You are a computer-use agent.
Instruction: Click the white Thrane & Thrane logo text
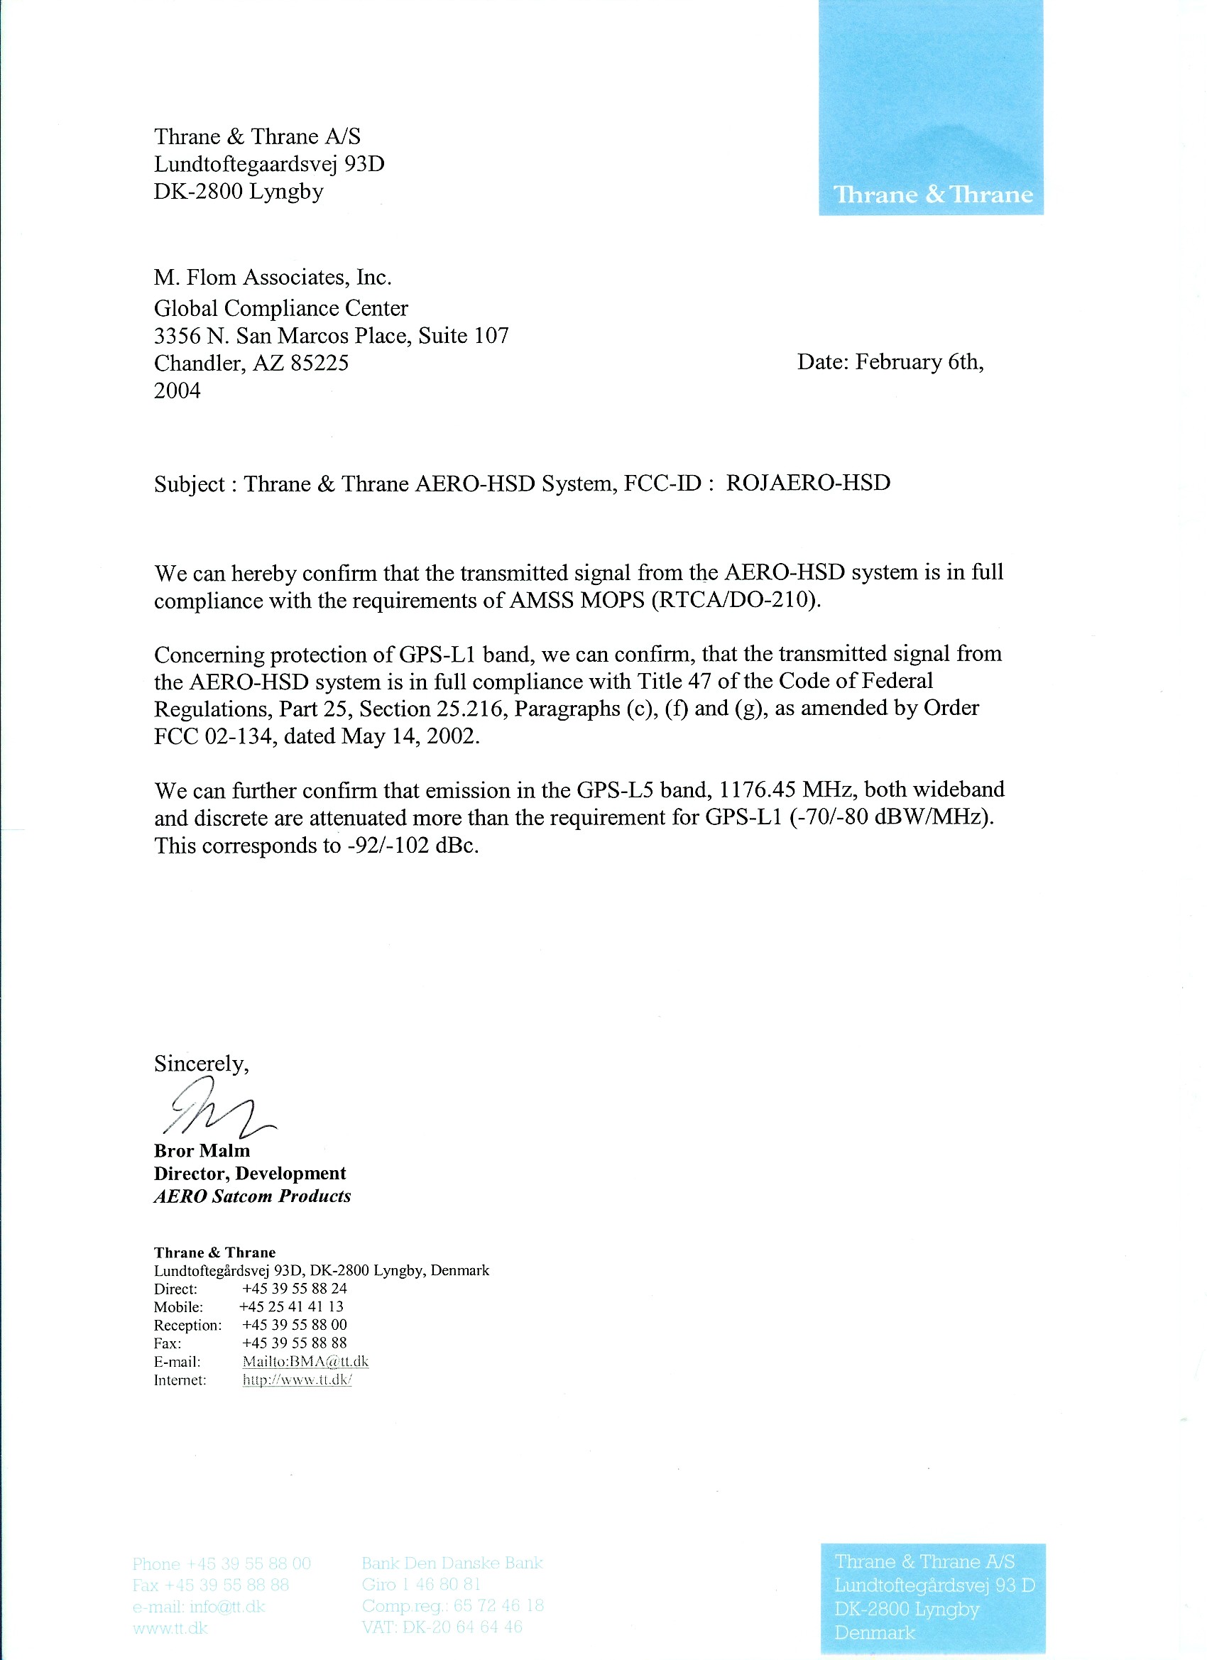(x=932, y=195)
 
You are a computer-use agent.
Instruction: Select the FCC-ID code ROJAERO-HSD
(x=807, y=483)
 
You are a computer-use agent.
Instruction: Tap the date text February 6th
(x=919, y=361)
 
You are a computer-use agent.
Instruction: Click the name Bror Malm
(x=202, y=1151)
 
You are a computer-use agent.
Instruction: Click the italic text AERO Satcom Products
(x=252, y=1196)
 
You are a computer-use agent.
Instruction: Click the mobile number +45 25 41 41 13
(x=291, y=1306)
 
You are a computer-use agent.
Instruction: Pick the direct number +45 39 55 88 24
(x=294, y=1288)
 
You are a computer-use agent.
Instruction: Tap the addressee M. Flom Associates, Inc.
(x=273, y=278)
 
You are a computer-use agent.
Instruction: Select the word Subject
(x=189, y=484)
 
